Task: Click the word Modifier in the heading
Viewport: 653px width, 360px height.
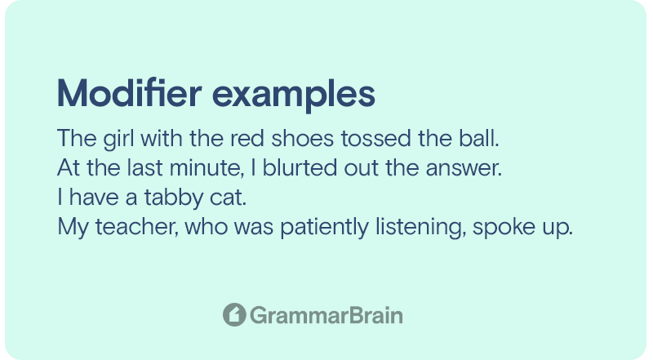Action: pos(130,93)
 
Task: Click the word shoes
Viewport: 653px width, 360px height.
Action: pos(303,138)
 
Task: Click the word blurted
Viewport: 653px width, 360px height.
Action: pos(300,167)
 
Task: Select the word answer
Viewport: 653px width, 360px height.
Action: pos(464,168)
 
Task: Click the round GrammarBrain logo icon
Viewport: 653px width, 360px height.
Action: pos(234,314)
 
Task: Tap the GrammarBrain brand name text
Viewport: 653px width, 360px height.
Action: pos(326,315)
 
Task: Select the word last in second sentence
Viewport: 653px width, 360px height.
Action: pos(145,167)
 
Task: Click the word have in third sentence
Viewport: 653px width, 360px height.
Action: pos(94,197)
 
